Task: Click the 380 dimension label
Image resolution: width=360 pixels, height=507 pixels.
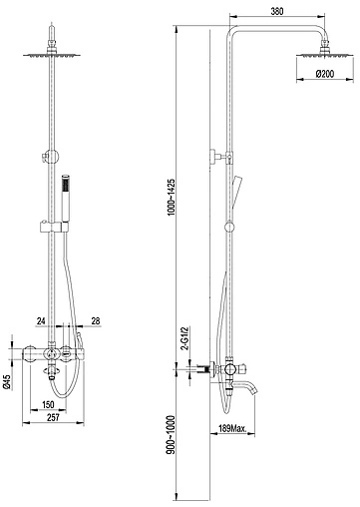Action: click(x=277, y=11)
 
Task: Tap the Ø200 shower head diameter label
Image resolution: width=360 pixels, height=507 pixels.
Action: click(x=324, y=74)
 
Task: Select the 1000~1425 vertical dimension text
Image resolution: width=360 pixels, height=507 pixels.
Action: click(x=171, y=198)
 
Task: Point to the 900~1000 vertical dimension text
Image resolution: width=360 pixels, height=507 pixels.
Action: click(x=171, y=434)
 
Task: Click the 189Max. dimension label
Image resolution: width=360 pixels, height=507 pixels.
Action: click(x=232, y=428)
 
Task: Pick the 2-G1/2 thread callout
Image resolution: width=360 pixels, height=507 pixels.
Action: click(x=184, y=338)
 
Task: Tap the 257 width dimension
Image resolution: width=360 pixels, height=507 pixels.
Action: click(x=53, y=417)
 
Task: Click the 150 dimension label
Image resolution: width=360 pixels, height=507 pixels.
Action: click(x=48, y=404)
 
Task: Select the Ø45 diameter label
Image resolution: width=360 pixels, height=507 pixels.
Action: click(x=8, y=381)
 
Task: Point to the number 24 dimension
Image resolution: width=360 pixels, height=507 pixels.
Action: click(x=41, y=321)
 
